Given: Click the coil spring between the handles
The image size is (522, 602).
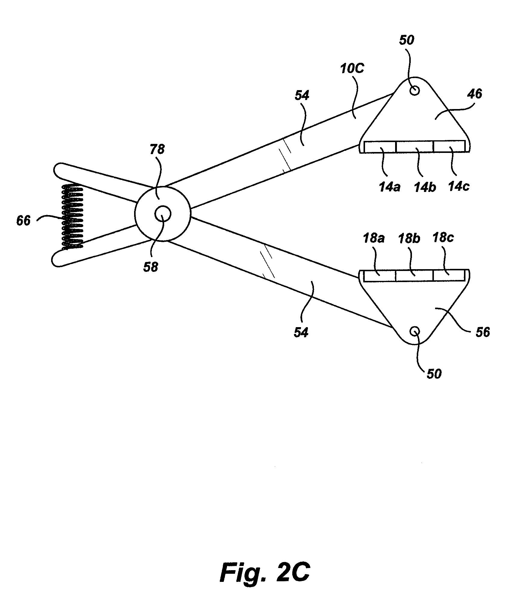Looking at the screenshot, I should tap(72, 217).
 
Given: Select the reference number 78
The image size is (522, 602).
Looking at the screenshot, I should tap(157, 149).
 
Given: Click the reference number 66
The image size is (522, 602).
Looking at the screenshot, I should tap(23, 221).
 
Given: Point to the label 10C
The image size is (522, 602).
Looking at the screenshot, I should tap(352, 69).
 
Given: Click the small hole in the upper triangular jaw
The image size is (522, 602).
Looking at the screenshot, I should tap(415, 90).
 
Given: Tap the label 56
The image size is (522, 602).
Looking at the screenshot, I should tap(482, 332).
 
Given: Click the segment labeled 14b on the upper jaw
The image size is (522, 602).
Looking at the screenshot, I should tap(415, 147).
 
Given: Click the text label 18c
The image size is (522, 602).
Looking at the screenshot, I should tap(443, 238).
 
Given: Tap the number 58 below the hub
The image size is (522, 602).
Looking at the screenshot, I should tap(150, 267).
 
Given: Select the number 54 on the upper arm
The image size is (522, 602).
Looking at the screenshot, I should tap(302, 96).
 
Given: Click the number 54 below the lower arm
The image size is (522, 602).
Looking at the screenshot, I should tap(301, 333).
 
